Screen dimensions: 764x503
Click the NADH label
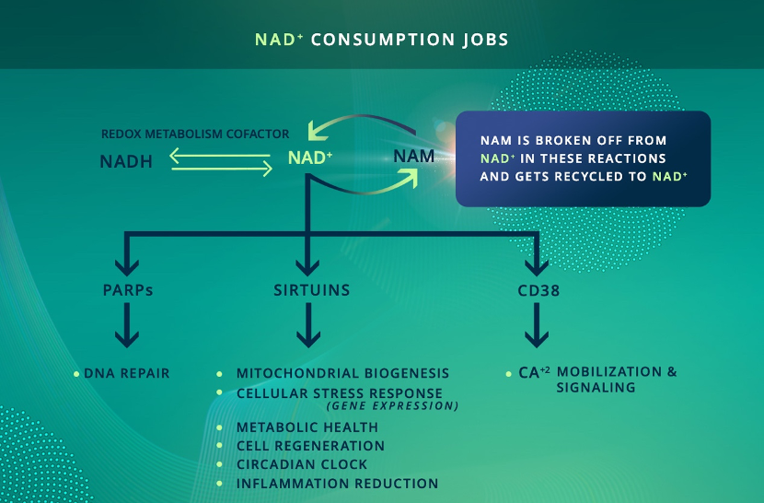click(126, 161)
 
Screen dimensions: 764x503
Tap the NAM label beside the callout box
click(413, 156)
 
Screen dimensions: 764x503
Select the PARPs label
click(128, 290)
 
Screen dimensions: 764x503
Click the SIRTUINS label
click(312, 290)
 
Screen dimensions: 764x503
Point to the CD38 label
click(538, 291)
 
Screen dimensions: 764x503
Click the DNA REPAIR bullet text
click(127, 373)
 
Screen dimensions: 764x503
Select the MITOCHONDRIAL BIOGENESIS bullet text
click(342, 373)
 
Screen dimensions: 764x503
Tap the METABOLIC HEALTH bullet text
click(307, 427)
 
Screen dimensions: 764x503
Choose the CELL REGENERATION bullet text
click(310, 446)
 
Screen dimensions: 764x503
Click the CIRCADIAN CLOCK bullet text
click(302, 464)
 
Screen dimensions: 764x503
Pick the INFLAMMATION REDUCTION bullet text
click(337, 484)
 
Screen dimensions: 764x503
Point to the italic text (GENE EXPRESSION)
click(393, 406)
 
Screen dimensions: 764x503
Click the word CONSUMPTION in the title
click(383, 40)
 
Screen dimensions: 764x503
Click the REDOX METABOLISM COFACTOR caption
click(195, 134)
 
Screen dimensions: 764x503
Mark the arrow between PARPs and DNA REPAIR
click(127, 325)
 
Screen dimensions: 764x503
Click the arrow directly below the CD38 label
click(537, 325)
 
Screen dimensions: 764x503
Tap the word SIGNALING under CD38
click(596, 387)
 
